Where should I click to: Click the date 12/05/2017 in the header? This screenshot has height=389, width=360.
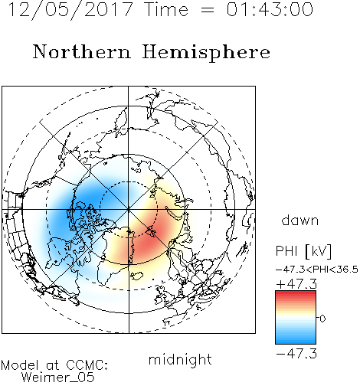tap(70, 9)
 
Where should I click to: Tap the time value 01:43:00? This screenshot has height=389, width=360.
tap(270, 9)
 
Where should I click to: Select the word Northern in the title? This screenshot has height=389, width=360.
tap(82, 51)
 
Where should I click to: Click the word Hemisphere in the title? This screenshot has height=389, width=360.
tap(206, 53)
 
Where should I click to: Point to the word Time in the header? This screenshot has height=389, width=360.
tap(166, 9)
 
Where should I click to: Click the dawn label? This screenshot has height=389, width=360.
tap(300, 220)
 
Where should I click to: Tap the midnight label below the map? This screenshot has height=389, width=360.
tap(180, 360)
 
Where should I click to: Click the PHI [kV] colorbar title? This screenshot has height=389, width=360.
tap(303, 251)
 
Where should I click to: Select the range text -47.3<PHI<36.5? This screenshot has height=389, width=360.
tap(317, 270)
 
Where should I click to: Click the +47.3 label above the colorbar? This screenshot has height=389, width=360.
tap(296, 284)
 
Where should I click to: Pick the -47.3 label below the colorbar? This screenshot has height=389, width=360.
tap(296, 354)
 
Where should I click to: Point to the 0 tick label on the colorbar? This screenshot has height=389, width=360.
tap(322, 319)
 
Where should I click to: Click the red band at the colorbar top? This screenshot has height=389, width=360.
tap(296, 294)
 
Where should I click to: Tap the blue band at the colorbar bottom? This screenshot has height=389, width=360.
tap(296, 341)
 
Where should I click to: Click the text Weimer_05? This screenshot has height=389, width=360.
tap(58, 378)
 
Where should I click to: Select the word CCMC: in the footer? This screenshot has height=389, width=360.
tap(87, 365)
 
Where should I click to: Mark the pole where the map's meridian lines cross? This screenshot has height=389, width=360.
tap(129, 210)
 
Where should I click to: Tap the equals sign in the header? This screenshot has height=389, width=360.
tap(208, 10)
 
